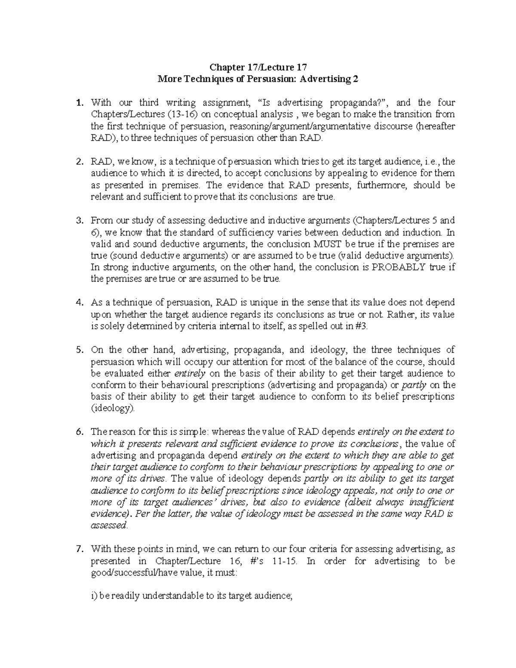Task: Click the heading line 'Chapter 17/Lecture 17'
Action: coord(258,68)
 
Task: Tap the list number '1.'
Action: coord(79,103)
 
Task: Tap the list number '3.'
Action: coord(79,221)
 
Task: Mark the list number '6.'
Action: coord(79,432)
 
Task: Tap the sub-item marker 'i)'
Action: coord(94,596)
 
